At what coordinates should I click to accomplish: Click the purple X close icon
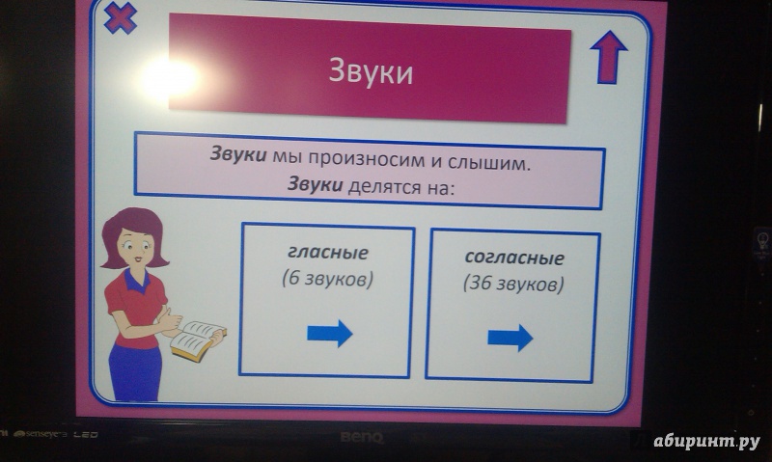coord(120,18)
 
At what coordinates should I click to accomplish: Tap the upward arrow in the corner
coord(609,58)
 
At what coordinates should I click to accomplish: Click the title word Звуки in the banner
coord(371,71)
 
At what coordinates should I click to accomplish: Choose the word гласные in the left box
coord(328,253)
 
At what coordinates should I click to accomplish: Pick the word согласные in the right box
coord(514,258)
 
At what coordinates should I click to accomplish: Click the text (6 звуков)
coord(327,279)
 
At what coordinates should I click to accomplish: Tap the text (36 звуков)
coord(513,284)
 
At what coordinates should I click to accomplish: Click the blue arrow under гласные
coord(330,333)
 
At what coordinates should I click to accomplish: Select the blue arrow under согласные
coord(510,338)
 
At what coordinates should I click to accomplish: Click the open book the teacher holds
coord(198,340)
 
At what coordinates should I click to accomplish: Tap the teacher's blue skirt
coord(134,370)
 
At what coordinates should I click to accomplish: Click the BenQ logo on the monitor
coord(361,437)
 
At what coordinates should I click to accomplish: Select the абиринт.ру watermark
coord(706,442)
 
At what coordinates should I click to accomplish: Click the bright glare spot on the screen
coord(170,77)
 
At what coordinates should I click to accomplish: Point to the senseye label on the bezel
coord(41,434)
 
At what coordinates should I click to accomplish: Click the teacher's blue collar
coord(136,280)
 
